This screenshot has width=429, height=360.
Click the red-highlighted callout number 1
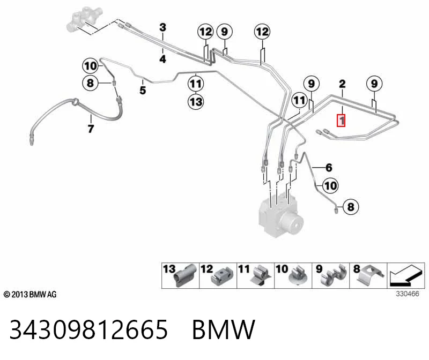(341, 121)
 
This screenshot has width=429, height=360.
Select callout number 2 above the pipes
(342, 84)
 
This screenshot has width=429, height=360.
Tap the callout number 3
(163, 27)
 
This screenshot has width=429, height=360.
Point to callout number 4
(163, 59)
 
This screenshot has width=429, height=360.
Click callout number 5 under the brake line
(143, 90)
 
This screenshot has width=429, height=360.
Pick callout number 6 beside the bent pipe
(329, 168)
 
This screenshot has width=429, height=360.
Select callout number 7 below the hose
(91, 129)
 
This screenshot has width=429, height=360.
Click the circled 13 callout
(196, 102)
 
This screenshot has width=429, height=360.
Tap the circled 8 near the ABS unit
(351, 207)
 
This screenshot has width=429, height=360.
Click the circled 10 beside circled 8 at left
(91, 66)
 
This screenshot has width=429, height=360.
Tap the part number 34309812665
(88, 329)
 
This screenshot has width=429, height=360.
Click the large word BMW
(224, 329)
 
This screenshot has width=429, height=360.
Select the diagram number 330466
(408, 294)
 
